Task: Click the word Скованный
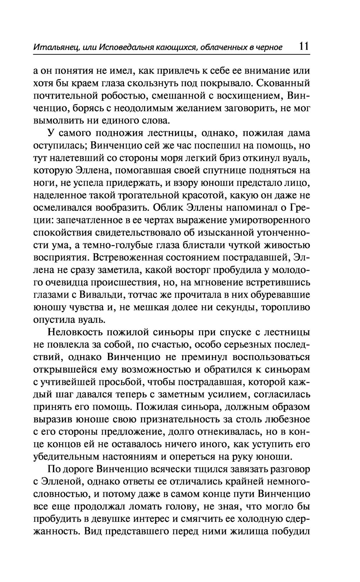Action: [284, 84]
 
